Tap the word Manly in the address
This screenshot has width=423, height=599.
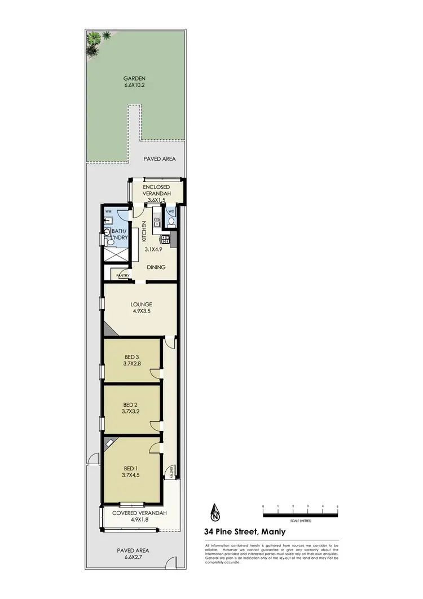pyautogui.click(x=272, y=531)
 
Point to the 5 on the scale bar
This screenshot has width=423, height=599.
pyautogui.click(x=337, y=506)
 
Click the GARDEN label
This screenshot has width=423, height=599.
pyautogui.click(x=135, y=78)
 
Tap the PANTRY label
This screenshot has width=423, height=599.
pyautogui.click(x=124, y=276)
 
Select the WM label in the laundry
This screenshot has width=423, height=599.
pyautogui.click(x=109, y=213)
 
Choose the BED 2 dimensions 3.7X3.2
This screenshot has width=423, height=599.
pyautogui.click(x=131, y=412)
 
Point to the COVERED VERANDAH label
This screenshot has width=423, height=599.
pyautogui.click(x=139, y=513)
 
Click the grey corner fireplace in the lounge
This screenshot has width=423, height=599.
pyautogui.click(x=107, y=330)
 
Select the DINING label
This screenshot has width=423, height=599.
pyautogui.click(x=156, y=267)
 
